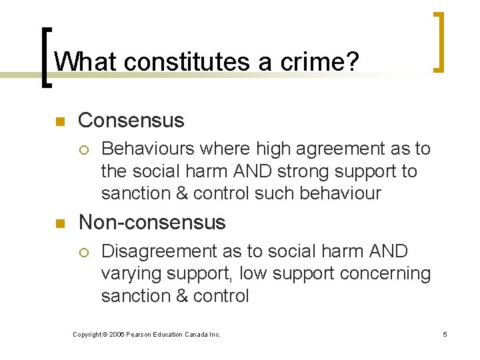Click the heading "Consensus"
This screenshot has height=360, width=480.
click(x=131, y=120)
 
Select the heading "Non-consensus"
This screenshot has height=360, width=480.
click(x=152, y=222)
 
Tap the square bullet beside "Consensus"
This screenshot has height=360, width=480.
click(x=58, y=122)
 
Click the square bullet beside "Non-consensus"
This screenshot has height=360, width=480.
click(x=58, y=223)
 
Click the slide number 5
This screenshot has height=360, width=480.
click(x=445, y=334)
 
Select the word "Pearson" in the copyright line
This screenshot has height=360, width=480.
click(x=142, y=334)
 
